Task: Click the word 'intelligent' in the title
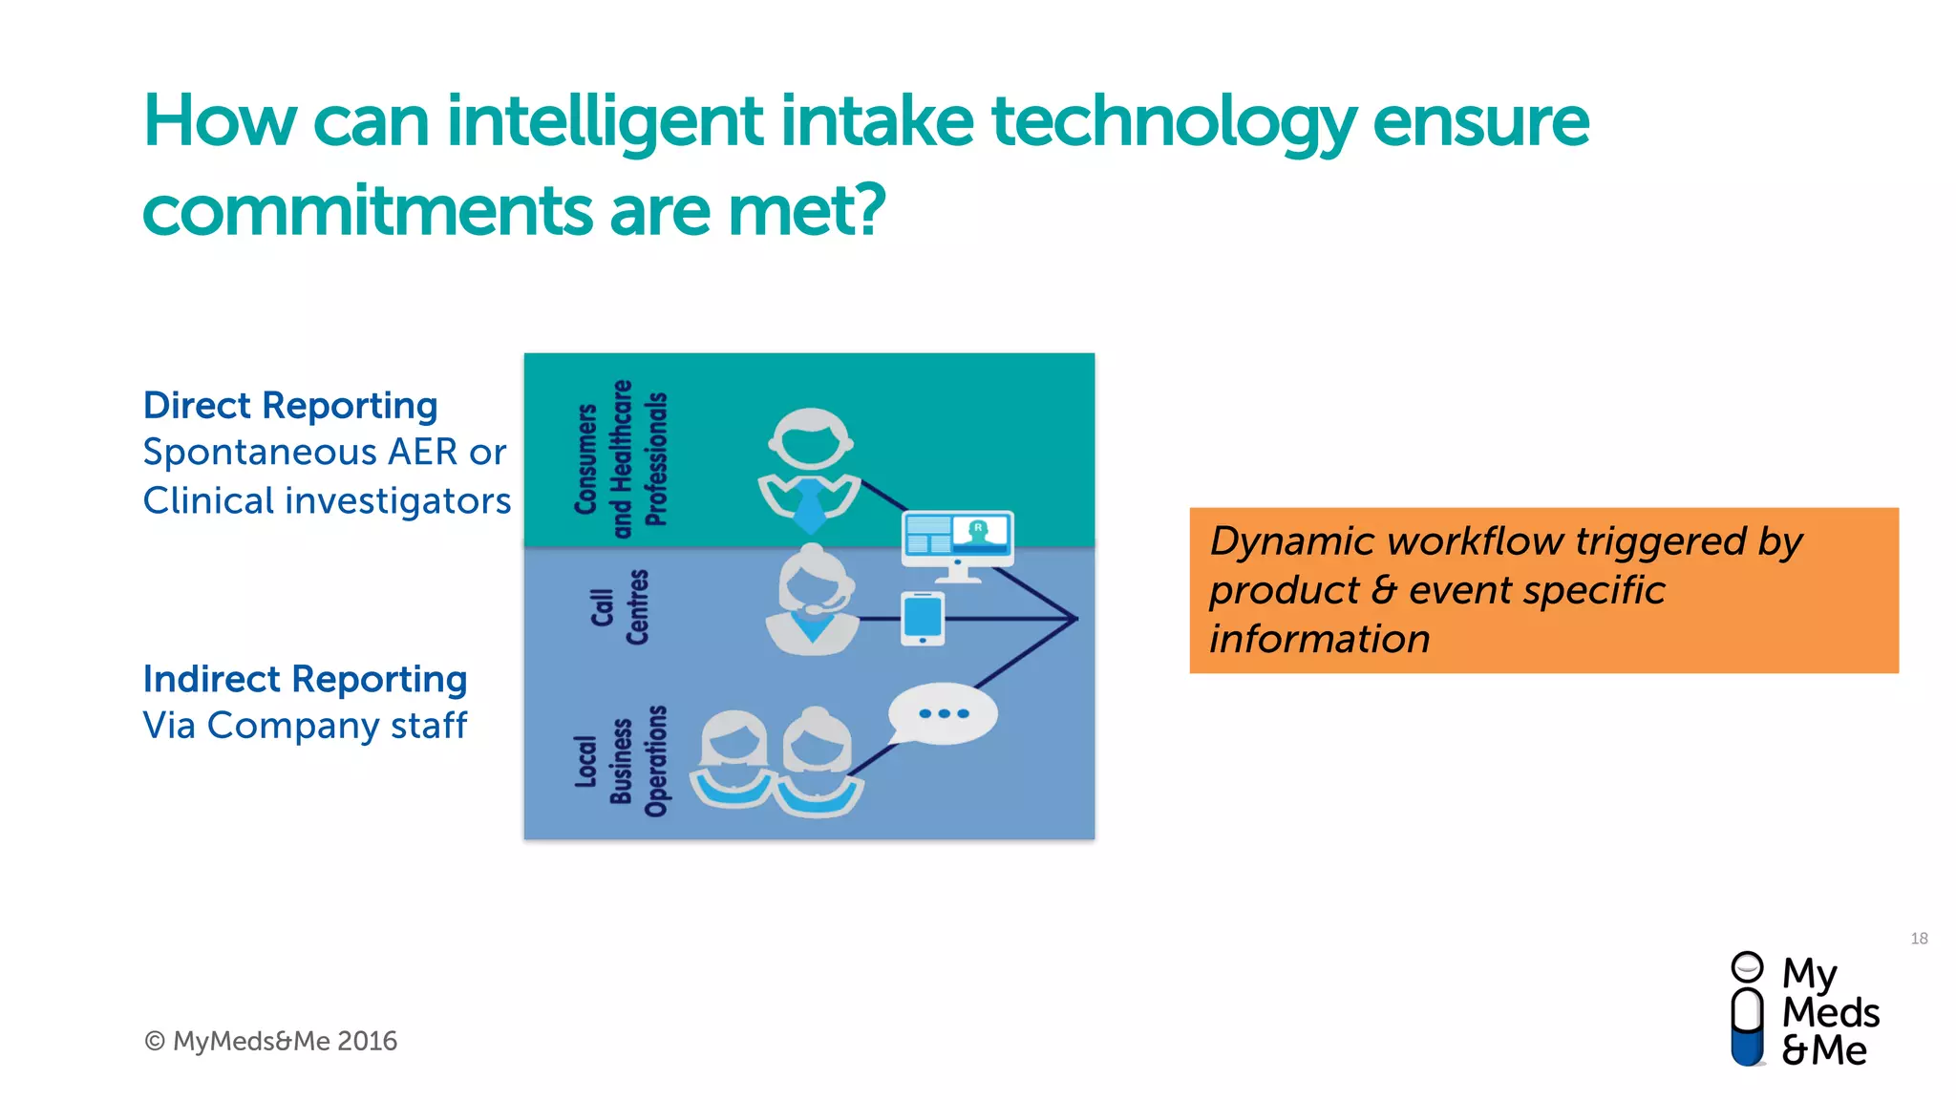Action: (604, 122)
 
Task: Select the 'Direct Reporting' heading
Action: (290, 406)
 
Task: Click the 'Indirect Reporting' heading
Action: (305, 679)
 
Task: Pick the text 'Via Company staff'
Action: (305, 726)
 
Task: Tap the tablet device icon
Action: (923, 618)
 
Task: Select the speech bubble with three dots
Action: (942, 713)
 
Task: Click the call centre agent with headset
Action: (812, 602)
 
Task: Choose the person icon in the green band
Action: (810, 468)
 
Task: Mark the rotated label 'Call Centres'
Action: (619, 607)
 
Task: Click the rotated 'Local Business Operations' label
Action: (620, 762)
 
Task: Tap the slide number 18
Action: (1919, 939)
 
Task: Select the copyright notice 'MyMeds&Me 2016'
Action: (271, 1041)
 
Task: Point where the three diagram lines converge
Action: (1076, 619)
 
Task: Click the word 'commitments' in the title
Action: (367, 210)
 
